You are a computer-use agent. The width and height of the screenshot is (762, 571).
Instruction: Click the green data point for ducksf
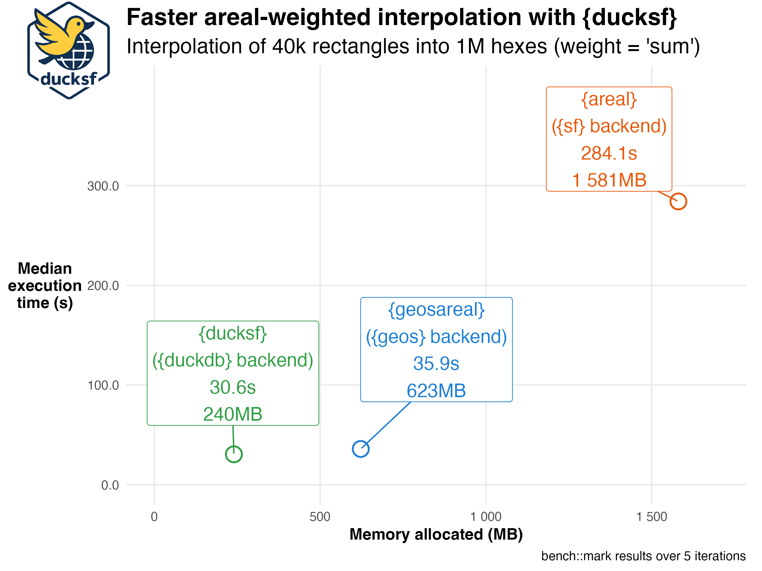pos(234,454)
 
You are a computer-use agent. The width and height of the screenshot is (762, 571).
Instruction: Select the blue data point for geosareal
pos(361,449)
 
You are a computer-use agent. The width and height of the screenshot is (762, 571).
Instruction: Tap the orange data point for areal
pos(678,201)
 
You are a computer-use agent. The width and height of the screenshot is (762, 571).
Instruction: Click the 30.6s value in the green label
pos(232,387)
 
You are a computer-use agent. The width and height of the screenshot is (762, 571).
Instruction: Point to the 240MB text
pos(232,414)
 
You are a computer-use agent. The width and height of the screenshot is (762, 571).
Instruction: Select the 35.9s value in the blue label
pos(436,364)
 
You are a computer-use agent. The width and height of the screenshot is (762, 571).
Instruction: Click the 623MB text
pos(436,391)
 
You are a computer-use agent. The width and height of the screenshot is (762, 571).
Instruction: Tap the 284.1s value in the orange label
pos(609,153)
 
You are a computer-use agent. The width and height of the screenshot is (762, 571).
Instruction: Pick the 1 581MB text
pos(609,180)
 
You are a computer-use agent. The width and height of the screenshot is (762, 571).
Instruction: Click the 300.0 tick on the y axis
pos(103,186)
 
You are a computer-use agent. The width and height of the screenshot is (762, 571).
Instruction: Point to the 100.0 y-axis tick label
pos(103,385)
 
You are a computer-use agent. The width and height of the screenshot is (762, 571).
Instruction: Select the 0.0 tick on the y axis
pos(110,485)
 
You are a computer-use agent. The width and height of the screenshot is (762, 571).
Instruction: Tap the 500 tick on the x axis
pos(320,517)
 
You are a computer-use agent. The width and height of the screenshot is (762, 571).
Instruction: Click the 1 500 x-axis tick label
pos(652,517)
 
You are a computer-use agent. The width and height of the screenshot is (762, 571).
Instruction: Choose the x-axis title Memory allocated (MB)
pos(436,535)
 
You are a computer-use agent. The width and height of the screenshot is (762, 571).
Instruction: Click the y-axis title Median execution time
pos(45,286)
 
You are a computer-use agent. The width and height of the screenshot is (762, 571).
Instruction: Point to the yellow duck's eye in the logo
pos(79,24)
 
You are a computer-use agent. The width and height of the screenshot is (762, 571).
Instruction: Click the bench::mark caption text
pos(643,556)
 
